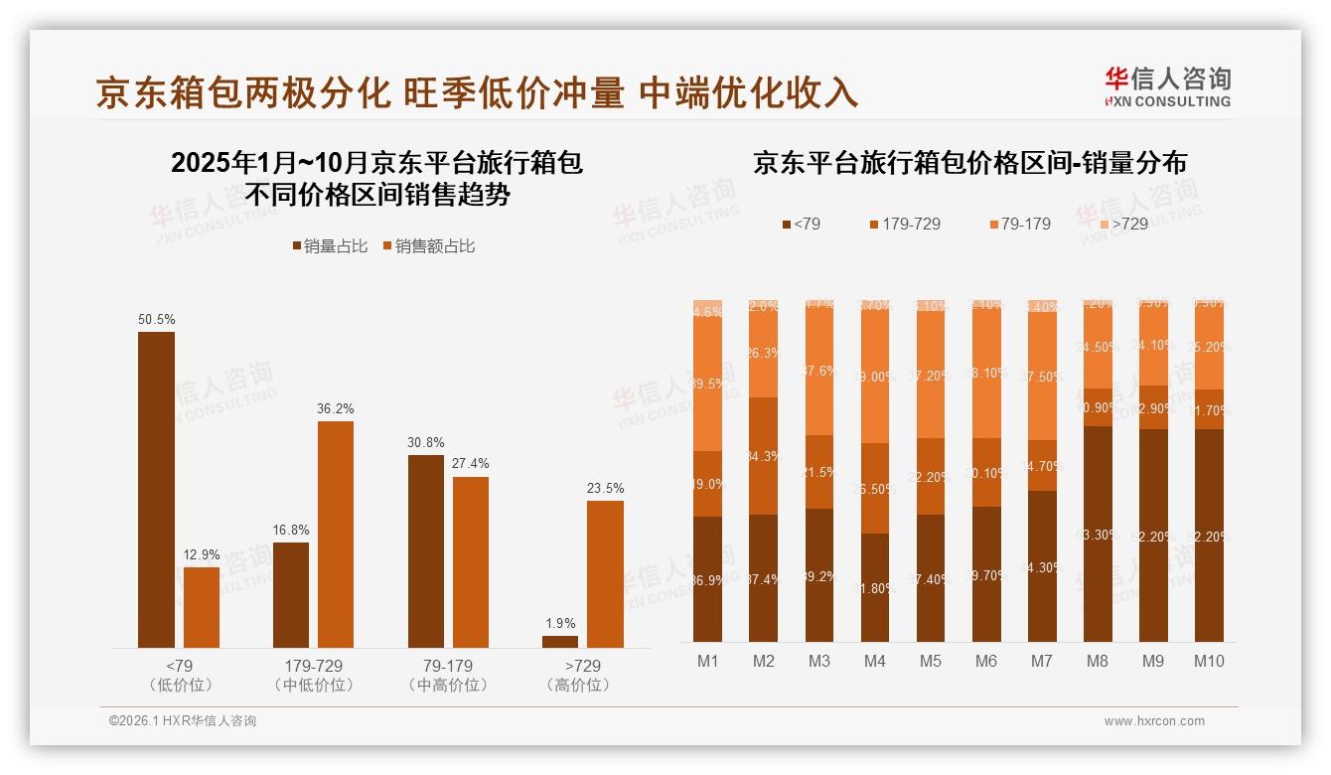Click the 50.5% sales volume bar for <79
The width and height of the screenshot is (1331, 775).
(x=156, y=489)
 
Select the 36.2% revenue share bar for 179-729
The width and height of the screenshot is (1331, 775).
(x=336, y=535)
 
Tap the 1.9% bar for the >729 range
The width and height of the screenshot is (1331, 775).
(x=560, y=642)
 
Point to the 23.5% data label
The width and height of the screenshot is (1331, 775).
(x=605, y=489)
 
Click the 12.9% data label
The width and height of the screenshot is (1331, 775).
(x=202, y=555)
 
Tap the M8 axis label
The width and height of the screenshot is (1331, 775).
(x=1098, y=662)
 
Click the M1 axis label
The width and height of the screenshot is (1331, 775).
(x=707, y=662)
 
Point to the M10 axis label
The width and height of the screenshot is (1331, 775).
(x=1209, y=662)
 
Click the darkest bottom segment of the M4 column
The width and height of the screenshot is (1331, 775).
(x=875, y=587)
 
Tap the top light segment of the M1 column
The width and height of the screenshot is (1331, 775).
(x=707, y=308)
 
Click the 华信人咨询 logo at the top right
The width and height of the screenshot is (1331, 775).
(x=1166, y=86)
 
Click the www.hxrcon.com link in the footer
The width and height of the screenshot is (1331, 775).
(x=1153, y=721)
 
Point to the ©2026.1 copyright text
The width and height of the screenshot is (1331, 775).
(x=182, y=721)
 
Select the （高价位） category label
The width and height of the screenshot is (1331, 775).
(x=578, y=686)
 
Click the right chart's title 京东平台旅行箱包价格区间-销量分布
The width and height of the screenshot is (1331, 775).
(x=969, y=163)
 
